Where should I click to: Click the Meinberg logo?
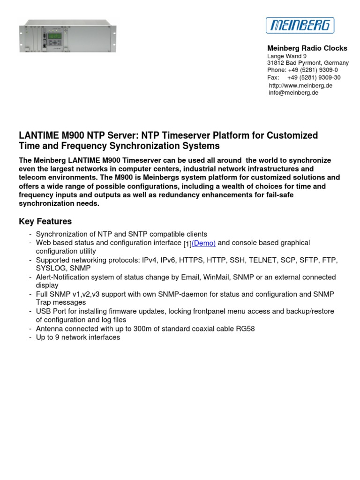300,25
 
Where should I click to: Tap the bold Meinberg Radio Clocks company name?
307,48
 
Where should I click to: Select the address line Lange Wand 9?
287,56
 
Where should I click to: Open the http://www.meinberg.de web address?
300,86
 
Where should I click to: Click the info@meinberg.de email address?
293,93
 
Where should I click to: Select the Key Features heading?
45,221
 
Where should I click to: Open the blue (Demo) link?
203,243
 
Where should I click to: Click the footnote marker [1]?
187,244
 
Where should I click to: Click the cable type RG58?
245,329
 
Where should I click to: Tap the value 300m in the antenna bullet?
143,329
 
